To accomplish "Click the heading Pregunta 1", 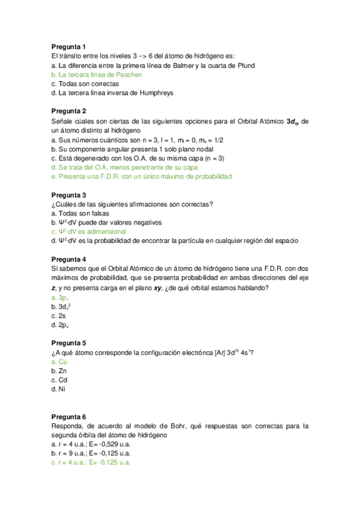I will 69,46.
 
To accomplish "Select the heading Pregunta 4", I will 69,259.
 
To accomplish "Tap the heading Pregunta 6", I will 69,417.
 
